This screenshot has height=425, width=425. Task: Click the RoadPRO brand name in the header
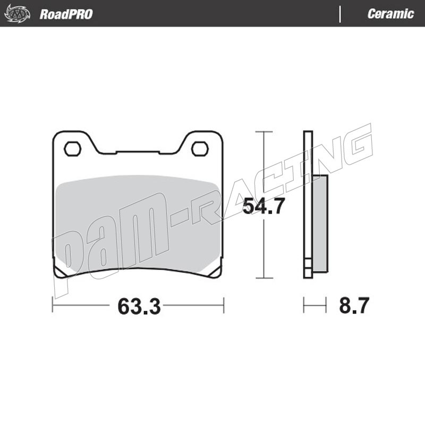click(x=66, y=14)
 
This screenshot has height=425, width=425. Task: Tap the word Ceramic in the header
click(x=390, y=14)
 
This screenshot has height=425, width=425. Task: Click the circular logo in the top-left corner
click(x=18, y=13)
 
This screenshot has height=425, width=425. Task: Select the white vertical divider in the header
click(x=340, y=14)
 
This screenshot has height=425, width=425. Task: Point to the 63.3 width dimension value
click(x=139, y=307)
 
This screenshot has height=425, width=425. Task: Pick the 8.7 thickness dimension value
click(x=354, y=305)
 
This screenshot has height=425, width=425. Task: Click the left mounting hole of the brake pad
click(x=72, y=149)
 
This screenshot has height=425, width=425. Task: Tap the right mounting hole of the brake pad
click(x=200, y=149)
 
